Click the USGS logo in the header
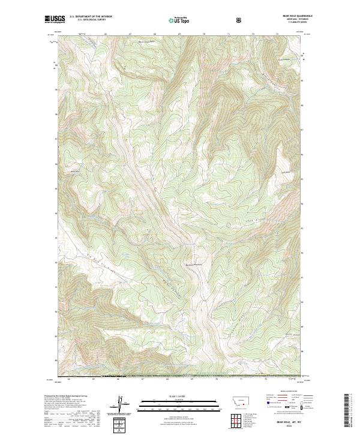pyautogui.click(x=55, y=19)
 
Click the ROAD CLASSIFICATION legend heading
pyautogui.click(x=286, y=390)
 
